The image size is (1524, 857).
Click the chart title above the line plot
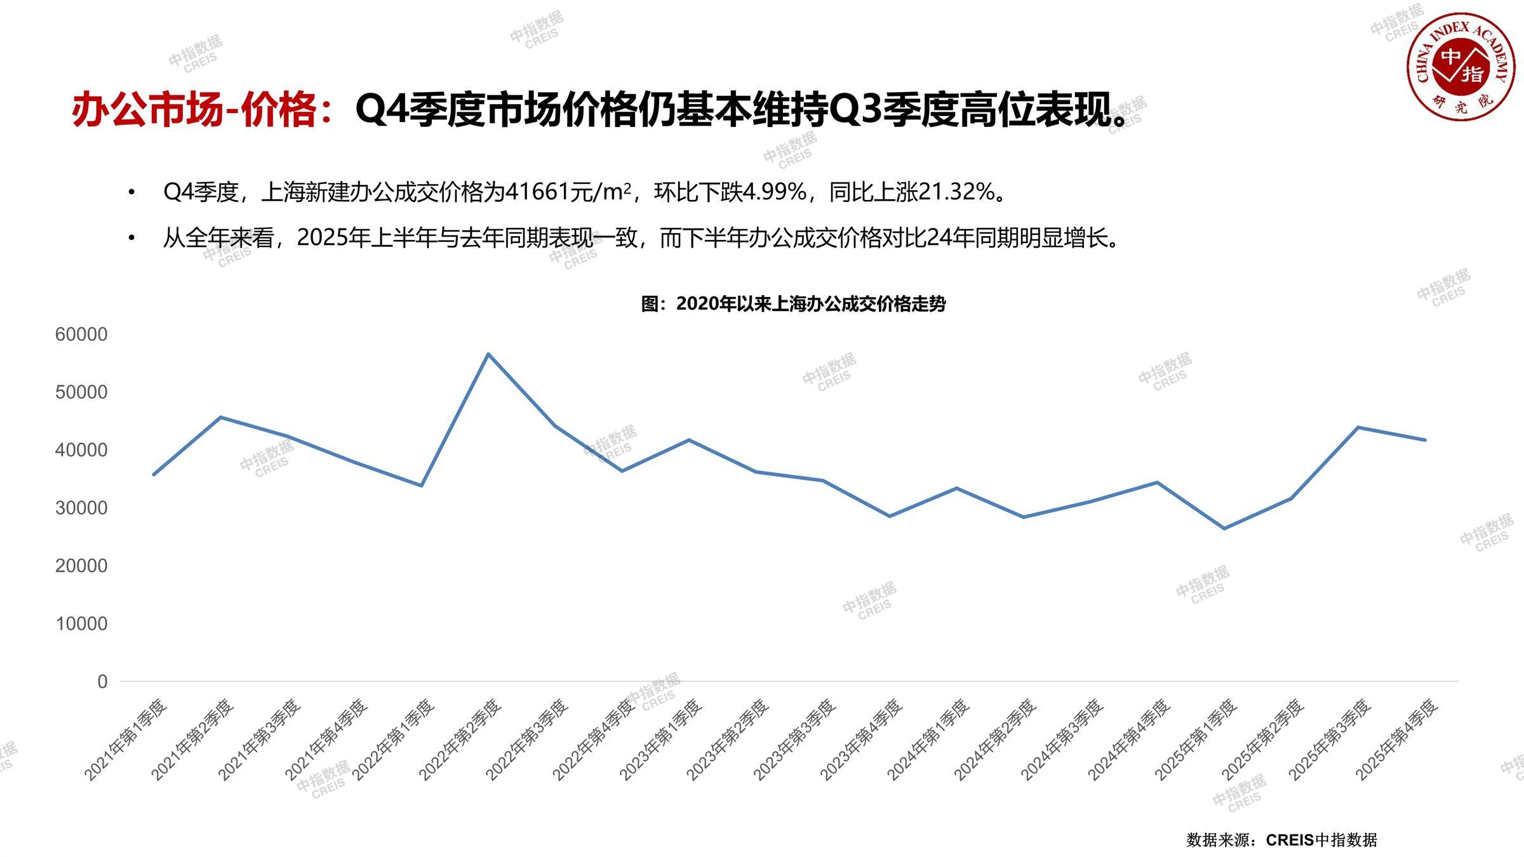(x=793, y=304)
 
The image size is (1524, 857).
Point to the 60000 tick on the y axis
(x=81, y=335)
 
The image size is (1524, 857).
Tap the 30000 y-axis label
(x=81, y=508)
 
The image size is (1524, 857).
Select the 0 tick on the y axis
(x=102, y=682)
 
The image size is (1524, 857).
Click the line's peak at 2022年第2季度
(x=488, y=354)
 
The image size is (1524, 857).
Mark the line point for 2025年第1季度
(x=1224, y=528)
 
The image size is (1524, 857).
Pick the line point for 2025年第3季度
(x=1358, y=427)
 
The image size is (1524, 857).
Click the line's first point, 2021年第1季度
(x=154, y=474)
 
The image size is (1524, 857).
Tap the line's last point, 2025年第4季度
(x=1425, y=440)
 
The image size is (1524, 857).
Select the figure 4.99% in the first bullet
(x=775, y=192)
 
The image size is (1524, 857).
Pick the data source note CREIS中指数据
(x=1321, y=840)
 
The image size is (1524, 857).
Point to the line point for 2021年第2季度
(x=220, y=417)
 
